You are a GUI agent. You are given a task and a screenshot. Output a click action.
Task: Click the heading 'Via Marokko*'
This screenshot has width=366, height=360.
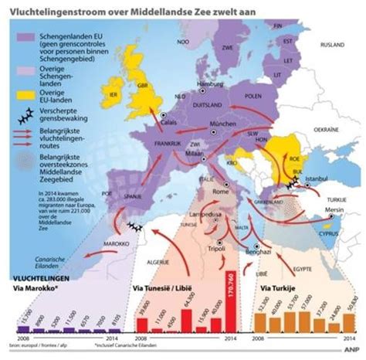click(32, 286)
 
